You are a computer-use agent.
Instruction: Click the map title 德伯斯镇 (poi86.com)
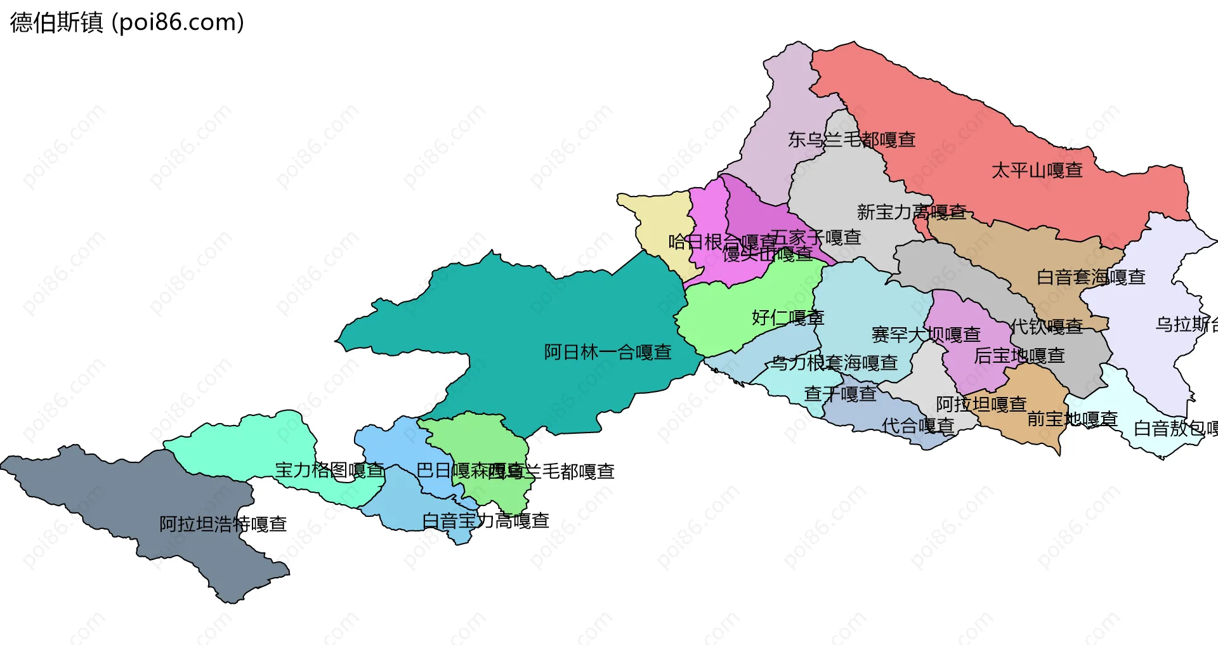coord(127,23)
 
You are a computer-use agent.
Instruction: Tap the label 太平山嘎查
coord(1037,171)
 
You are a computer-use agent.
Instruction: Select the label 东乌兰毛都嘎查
coord(851,140)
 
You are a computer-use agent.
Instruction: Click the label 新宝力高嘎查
coord(912,212)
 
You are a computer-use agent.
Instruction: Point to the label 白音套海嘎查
coord(1091,277)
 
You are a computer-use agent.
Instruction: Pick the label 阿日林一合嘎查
coord(608,352)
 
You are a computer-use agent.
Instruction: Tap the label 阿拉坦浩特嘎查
coord(223,524)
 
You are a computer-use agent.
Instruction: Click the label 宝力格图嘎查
coord(330,470)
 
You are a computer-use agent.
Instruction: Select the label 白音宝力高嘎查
coord(486,521)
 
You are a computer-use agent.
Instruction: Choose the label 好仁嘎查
coord(788,317)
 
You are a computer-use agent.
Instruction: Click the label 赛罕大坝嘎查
coord(926,334)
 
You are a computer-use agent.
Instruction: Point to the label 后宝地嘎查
coord(1019,356)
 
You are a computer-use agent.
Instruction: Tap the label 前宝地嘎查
coord(1072,419)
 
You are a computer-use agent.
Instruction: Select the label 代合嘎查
coord(919,426)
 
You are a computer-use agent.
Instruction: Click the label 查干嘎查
coord(841,394)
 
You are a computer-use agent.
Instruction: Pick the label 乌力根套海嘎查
coord(835,363)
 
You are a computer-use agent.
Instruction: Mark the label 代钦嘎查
coord(1047,327)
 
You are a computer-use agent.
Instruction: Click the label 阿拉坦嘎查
coord(981,404)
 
